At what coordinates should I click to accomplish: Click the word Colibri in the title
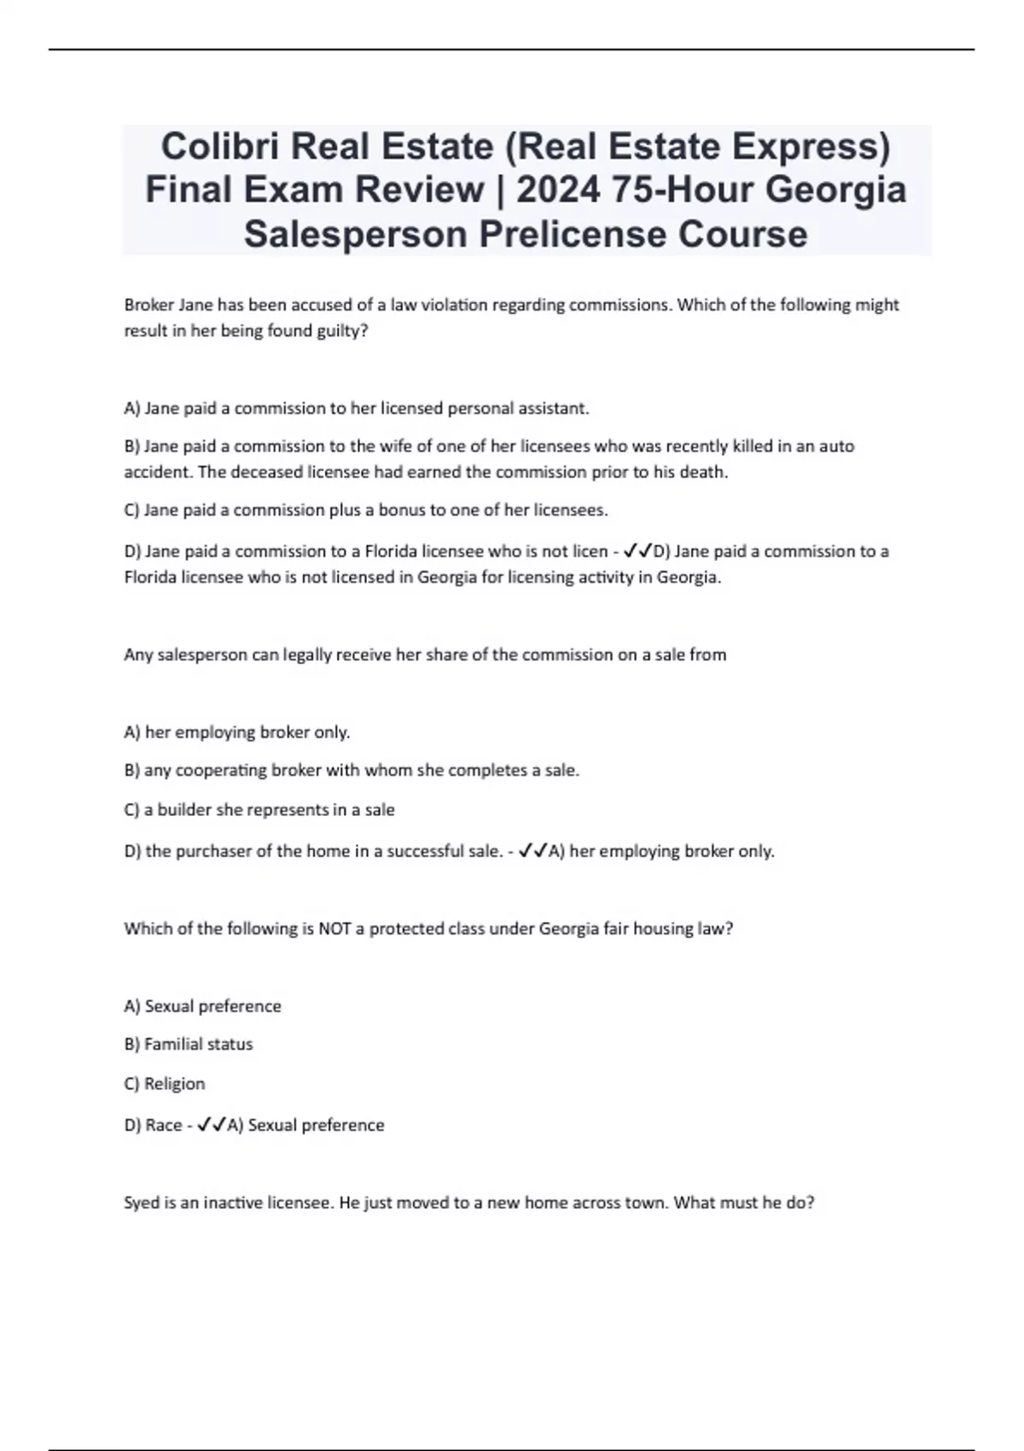(x=218, y=147)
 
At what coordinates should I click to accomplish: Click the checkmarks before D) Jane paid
(x=637, y=551)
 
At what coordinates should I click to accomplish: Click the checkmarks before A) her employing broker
(x=532, y=851)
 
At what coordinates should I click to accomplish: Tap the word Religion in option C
(x=175, y=1083)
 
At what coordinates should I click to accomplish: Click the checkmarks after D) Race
(x=211, y=1125)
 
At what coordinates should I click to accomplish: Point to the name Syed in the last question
(x=142, y=1203)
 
